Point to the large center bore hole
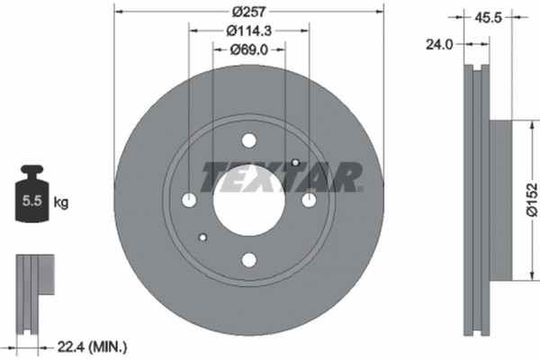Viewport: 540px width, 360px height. point(249,199)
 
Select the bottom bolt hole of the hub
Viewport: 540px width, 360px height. point(249,260)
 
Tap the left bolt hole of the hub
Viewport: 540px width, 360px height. point(189,199)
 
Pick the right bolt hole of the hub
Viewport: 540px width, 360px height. point(310,199)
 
